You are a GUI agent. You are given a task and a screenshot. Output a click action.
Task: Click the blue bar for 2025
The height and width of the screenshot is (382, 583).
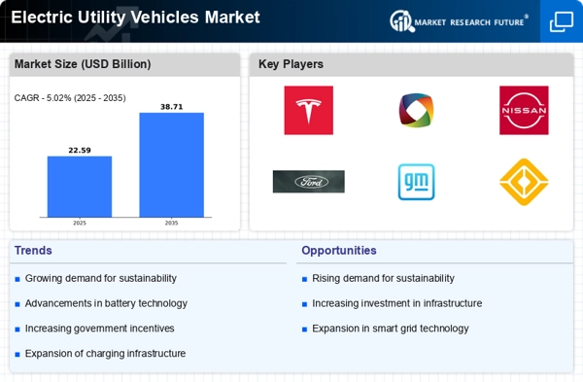point(80,187)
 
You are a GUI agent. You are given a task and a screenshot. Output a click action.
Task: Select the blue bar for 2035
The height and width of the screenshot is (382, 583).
point(171,165)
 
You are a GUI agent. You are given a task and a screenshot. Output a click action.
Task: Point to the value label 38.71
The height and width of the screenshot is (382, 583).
point(171,107)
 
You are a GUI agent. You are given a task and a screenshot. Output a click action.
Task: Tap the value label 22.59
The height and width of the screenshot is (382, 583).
point(80,151)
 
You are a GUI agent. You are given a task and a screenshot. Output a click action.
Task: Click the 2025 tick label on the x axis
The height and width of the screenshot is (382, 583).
point(80,223)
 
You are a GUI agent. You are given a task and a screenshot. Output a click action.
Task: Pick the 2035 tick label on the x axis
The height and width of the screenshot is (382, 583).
point(171,223)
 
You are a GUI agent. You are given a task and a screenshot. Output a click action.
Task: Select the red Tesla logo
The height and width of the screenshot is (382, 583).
point(309,110)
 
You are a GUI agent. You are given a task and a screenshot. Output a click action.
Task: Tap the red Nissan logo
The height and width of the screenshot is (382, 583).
point(524,110)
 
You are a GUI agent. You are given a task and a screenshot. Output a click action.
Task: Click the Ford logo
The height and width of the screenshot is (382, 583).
point(309,182)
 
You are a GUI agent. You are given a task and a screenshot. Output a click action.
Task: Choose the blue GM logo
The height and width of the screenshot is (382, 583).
point(417,182)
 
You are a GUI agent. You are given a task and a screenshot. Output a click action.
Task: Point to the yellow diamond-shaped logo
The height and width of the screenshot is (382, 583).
point(524,182)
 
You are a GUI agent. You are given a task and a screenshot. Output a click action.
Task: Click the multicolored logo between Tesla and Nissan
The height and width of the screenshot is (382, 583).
point(417,110)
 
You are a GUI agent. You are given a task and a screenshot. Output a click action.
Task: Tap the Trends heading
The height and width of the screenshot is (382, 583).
point(33,251)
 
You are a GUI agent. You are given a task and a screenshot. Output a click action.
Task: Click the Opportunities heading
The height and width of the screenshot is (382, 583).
point(339,251)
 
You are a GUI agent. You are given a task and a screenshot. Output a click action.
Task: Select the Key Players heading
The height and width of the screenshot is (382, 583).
point(291,64)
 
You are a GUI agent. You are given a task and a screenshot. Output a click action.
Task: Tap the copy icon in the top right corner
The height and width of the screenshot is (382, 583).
point(562,21)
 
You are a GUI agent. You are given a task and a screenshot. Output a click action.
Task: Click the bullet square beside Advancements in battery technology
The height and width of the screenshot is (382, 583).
point(17,304)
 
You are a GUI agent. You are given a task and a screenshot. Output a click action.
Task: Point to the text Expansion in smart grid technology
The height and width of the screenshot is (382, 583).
point(391,329)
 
